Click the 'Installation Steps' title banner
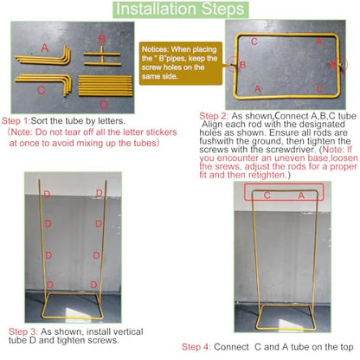coord(180,10)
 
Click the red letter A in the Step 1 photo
coord(44,48)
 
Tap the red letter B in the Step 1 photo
coord(102,39)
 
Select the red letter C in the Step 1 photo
coord(42,91)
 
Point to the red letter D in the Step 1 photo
coord(104,105)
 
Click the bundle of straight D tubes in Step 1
coord(105,86)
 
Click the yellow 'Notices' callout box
coord(181,63)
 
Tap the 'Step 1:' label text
coord(16,120)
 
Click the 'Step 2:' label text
coord(214,116)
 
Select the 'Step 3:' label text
coord(23,331)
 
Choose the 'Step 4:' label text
coord(196,347)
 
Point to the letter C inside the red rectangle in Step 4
coord(267,196)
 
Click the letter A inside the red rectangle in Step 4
coord(301,196)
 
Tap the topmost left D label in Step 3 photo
coord(47,194)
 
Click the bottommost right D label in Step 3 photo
coord(93,285)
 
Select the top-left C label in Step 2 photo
coord(254,42)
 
